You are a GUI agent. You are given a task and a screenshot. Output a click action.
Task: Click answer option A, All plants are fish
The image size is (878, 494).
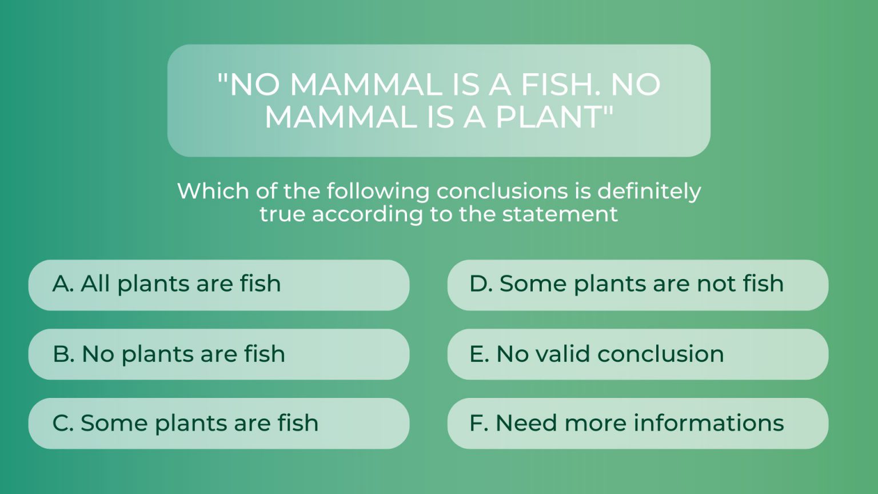click(219, 285)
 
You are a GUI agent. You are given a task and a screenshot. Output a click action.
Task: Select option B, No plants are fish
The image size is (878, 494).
click(219, 354)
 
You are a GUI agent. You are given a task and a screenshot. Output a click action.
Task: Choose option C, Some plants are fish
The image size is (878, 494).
click(219, 424)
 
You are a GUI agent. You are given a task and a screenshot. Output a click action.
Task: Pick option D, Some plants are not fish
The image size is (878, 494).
click(638, 285)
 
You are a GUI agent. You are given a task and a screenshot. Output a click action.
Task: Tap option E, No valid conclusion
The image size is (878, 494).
click(638, 354)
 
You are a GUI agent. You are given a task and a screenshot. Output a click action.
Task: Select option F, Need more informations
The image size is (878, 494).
click(638, 424)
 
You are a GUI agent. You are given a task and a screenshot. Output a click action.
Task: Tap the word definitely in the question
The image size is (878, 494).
click(649, 192)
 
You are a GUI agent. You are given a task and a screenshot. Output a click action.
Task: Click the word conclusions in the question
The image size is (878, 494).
click(502, 192)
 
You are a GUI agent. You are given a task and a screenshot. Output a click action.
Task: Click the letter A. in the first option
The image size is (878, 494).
click(63, 284)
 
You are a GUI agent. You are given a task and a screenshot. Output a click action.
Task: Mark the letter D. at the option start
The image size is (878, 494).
click(481, 284)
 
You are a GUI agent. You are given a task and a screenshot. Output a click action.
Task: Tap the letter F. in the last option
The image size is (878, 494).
click(479, 423)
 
